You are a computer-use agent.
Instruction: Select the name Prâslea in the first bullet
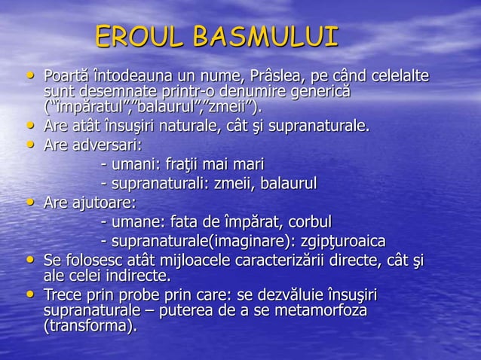[x=231, y=77]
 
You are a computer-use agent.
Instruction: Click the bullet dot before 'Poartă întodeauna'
[x=29, y=76]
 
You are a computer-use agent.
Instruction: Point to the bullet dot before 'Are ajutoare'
[x=29, y=203]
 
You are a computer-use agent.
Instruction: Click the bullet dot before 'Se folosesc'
[x=29, y=260]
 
